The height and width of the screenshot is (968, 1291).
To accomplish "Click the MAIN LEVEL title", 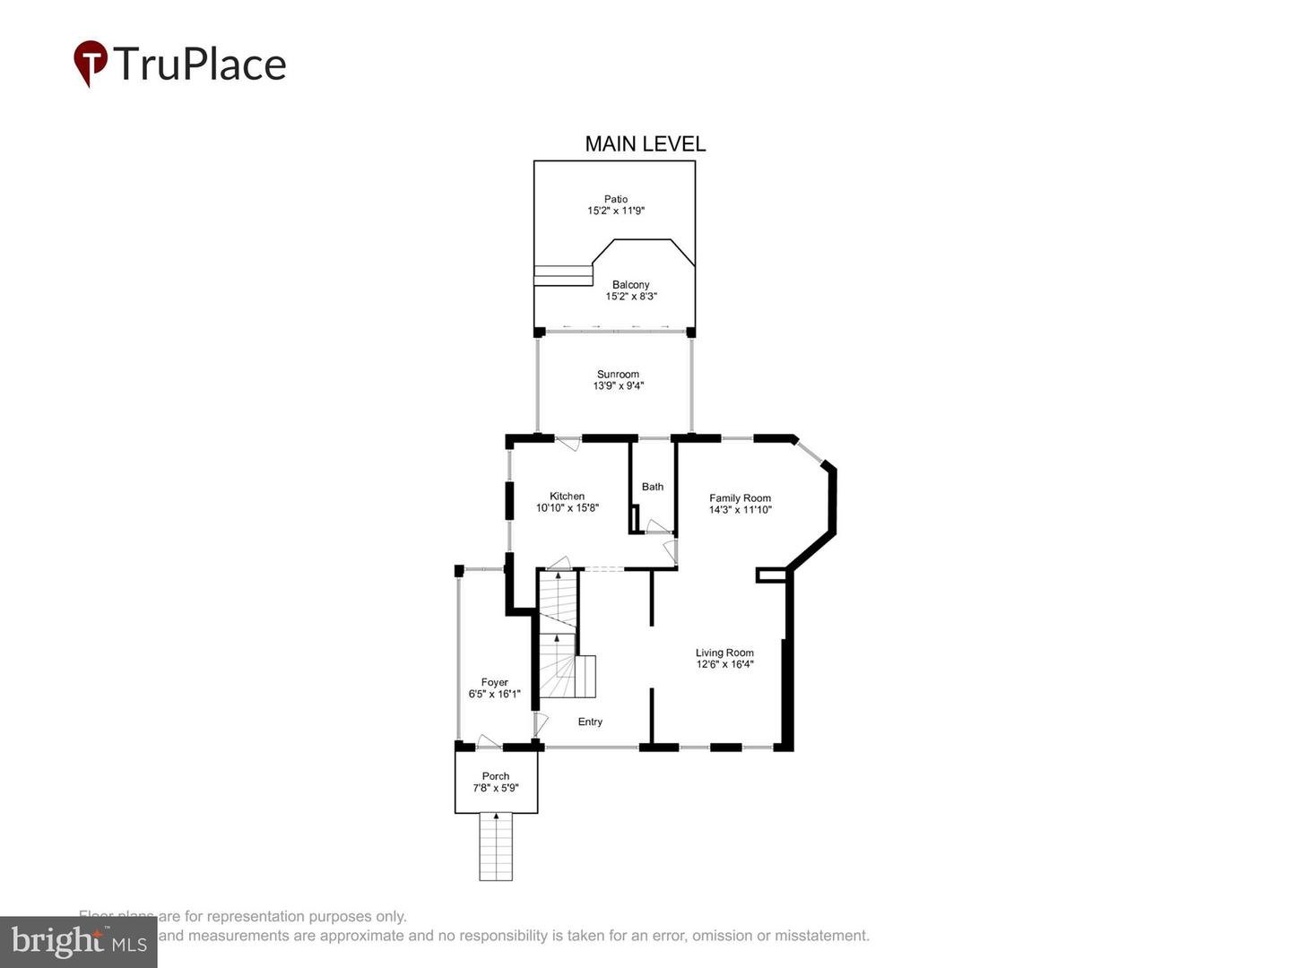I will pyautogui.click(x=645, y=143).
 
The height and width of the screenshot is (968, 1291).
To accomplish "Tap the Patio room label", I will pyautogui.click(x=616, y=199).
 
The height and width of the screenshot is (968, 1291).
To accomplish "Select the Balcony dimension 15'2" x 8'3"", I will pyautogui.click(x=631, y=297).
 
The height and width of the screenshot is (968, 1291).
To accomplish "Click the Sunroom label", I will pyautogui.click(x=618, y=375).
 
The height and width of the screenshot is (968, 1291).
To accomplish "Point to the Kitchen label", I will pyautogui.click(x=567, y=496).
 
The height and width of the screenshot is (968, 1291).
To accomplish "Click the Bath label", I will pyautogui.click(x=653, y=487).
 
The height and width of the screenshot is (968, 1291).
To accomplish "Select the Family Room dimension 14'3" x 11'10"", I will pyautogui.click(x=740, y=510).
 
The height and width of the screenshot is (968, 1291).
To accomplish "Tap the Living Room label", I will pyautogui.click(x=724, y=653).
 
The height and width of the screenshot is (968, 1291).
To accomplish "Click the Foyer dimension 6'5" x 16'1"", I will pyautogui.click(x=494, y=694).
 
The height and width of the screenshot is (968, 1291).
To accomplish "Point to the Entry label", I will pyautogui.click(x=590, y=722).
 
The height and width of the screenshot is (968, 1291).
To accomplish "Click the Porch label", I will pyautogui.click(x=496, y=776).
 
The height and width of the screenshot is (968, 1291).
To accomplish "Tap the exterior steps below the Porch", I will pyautogui.click(x=496, y=846).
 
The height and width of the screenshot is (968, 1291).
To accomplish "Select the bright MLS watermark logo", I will pyautogui.click(x=78, y=942).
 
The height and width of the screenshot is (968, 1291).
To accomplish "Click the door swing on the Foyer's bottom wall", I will pyautogui.click(x=488, y=741).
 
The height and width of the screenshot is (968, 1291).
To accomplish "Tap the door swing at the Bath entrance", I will pyautogui.click(x=658, y=526).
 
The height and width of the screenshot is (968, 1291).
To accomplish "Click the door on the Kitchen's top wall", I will pyautogui.click(x=568, y=443).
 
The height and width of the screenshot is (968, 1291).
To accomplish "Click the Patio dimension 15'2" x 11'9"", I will pyautogui.click(x=616, y=212).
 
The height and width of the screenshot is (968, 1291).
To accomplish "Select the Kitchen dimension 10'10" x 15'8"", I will pyautogui.click(x=567, y=508).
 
